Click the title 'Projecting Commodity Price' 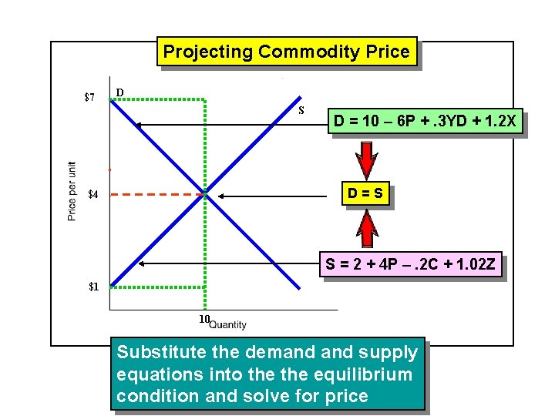pos(287,52)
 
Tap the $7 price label pos(89,98)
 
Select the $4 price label pos(92,195)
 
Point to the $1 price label pos(93,287)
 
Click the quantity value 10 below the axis pos(203,320)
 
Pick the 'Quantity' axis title pos(228,325)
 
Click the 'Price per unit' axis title pos(72,191)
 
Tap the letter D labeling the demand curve pos(119,93)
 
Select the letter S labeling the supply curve pos(302,110)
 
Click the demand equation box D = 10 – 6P pos(425,122)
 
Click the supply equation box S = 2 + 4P pos(412,266)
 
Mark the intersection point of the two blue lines pos(204,195)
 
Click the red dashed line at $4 pos(154,195)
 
